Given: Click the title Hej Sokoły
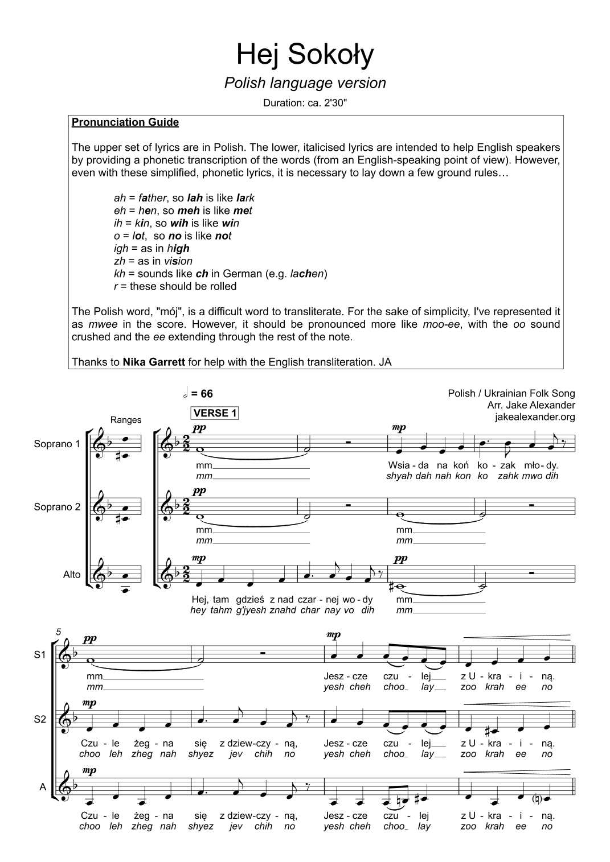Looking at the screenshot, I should (x=305, y=55).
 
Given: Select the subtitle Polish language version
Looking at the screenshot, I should (x=305, y=83).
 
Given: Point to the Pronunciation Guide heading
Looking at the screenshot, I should (x=125, y=122).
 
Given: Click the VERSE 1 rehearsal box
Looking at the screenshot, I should (x=216, y=413).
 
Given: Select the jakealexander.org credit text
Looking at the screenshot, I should (x=535, y=417).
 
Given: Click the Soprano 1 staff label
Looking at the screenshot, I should (x=57, y=444).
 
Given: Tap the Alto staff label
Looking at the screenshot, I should (x=72, y=575).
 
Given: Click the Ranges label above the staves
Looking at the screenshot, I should (x=126, y=420).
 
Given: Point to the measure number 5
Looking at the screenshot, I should (x=59, y=632).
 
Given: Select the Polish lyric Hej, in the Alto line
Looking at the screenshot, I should (x=199, y=600).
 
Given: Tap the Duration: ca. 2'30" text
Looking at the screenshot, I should (x=305, y=104).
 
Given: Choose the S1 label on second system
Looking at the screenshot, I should (x=39, y=655).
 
